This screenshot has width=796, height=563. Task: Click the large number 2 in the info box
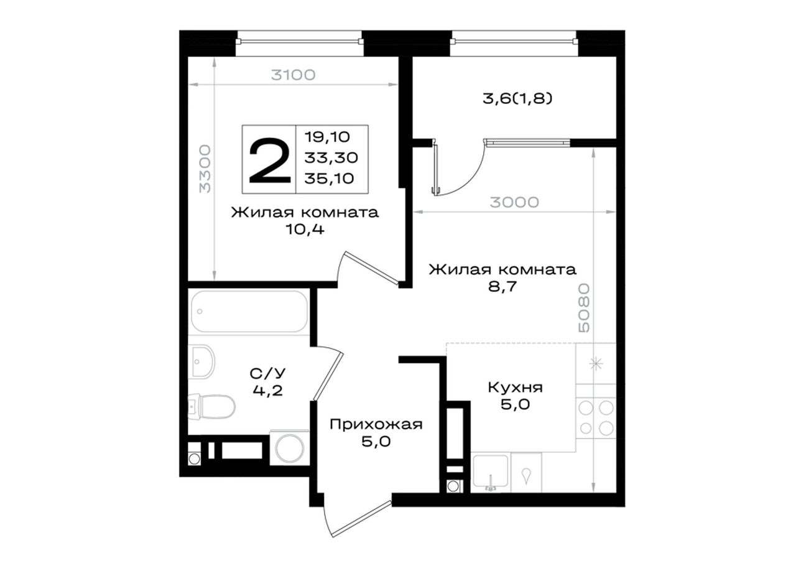(x=269, y=161)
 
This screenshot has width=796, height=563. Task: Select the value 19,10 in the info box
(x=327, y=137)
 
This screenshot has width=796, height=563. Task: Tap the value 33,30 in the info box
(x=331, y=157)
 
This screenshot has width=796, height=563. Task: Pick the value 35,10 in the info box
(x=329, y=178)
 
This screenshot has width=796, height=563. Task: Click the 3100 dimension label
(x=293, y=75)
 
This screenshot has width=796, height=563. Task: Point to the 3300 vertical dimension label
(x=205, y=169)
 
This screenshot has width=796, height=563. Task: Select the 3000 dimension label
(x=514, y=202)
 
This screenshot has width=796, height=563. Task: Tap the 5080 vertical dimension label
(x=584, y=308)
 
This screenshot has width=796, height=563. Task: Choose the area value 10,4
(x=305, y=230)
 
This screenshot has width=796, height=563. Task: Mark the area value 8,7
(x=502, y=286)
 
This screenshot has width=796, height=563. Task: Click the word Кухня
(x=516, y=387)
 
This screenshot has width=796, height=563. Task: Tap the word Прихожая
(x=376, y=424)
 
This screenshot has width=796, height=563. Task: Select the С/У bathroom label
(x=267, y=373)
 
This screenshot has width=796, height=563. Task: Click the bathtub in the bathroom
(x=249, y=312)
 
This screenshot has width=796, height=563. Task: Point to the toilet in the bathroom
(x=212, y=406)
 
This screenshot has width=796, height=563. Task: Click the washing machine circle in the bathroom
(x=290, y=448)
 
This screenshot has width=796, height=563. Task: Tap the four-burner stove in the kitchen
(x=596, y=418)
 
